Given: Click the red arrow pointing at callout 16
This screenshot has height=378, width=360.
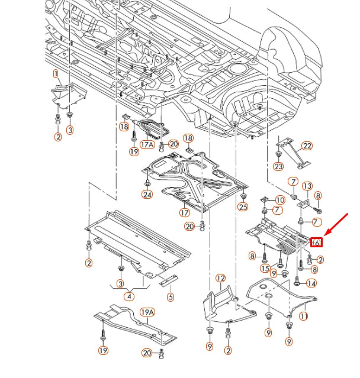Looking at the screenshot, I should pos(337,225).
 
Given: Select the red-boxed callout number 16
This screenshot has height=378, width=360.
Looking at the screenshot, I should pos(316,242).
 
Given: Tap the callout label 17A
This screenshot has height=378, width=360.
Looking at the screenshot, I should pos(147,144).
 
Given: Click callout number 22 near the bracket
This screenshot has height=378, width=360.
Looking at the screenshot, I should pos(306,146).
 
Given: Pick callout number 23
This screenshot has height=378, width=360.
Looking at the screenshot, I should pos(279,167).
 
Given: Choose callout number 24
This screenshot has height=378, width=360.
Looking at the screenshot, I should pos(147,194).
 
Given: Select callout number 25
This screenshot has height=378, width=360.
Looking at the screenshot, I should pos(243,206).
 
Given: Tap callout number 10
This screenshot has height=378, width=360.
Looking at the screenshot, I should pos(279,201).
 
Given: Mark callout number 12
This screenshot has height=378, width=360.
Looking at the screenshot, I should pos(220,278).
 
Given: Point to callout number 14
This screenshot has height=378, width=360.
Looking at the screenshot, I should pos(311,283).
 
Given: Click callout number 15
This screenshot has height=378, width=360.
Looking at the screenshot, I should pos(265,269).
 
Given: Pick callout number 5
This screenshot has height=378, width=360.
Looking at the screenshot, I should pos(171,297).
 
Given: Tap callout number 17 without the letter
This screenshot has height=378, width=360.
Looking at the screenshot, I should pos(185,212).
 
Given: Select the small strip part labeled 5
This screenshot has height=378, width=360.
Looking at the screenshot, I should pos(168,280).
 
